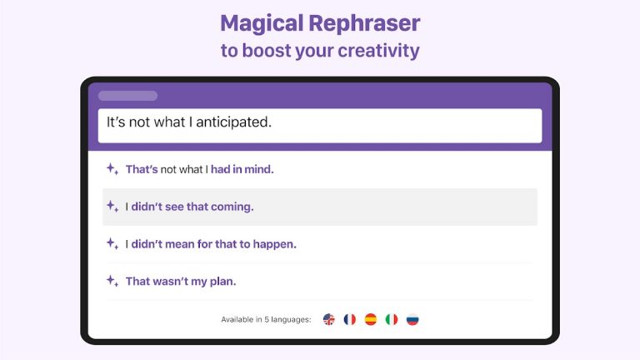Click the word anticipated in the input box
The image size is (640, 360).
tap(228, 122)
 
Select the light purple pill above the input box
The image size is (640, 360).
tap(127, 96)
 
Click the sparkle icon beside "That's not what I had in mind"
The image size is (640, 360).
tap(112, 169)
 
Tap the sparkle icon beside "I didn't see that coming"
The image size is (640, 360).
tap(112, 207)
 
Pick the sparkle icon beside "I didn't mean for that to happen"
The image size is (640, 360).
tap(112, 244)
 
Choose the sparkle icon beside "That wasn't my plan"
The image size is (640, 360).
tap(112, 281)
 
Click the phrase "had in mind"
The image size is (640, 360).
tap(242, 169)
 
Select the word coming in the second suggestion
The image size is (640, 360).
tap(232, 207)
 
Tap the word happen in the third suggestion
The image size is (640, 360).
tap(276, 244)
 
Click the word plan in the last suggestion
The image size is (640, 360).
tap(222, 281)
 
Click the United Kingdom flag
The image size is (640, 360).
tap(329, 319)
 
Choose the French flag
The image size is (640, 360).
tap(350, 319)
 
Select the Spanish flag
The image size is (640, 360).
tap(371, 319)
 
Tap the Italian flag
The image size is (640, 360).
tap(392, 319)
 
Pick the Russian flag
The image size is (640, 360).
tap(412, 319)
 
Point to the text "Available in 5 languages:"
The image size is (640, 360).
tap(266, 320)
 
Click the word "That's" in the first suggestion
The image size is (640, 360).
tap(141, 169)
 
